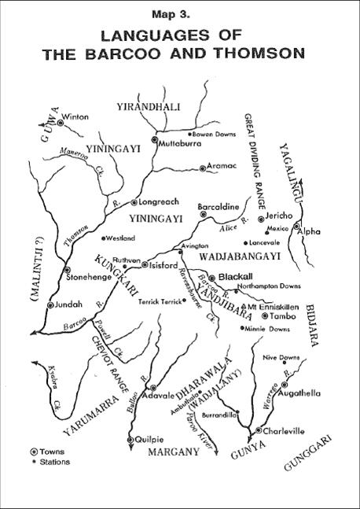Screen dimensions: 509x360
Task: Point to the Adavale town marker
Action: tap(151, 388)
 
